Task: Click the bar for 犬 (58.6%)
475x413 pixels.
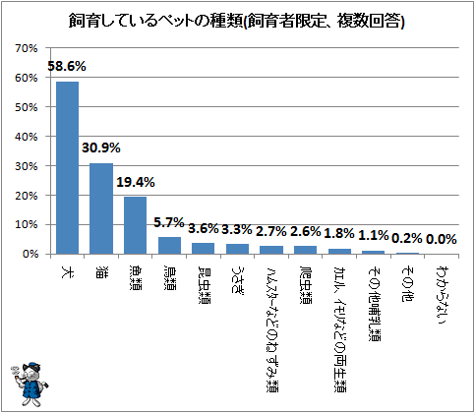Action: tap(67, 168)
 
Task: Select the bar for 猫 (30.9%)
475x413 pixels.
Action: tap(101, 208)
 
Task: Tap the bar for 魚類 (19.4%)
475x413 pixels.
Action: tap(135, 225)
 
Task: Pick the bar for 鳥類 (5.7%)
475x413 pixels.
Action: tap(169, 246)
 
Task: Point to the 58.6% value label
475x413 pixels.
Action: tap(67, 67)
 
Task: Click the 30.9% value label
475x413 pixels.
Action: tap(101, 148)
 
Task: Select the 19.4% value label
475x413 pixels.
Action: tap(136, 182)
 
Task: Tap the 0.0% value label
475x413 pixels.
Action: tap(442, 239)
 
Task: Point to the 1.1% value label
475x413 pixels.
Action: tap(374, 235)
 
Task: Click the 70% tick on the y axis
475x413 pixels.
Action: tap(27, 48)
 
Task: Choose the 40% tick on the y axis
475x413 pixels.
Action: tap(27, 137)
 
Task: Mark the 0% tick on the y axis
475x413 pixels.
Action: tap(30, 254)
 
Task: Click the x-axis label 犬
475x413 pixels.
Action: tap(67, 272)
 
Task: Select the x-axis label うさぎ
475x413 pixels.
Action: tap(237, 278)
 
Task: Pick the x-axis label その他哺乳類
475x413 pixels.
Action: tap(374, 303)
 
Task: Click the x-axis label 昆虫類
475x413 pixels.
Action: tap(204, 284)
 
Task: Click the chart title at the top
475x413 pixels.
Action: tap(236, 21)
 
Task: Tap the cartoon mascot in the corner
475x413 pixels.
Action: tap(29, 384)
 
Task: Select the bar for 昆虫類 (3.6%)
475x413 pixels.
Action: tap(204, 249)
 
